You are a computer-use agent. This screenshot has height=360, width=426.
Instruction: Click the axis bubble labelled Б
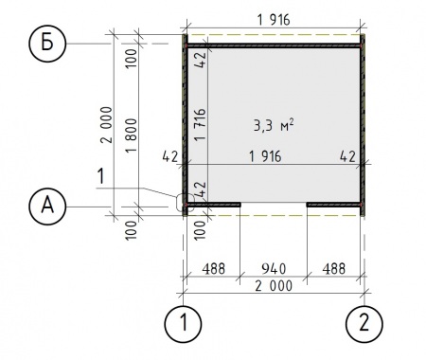click(x=47, y=43)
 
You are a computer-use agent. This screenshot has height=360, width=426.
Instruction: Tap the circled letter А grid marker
click(x=47, y=207)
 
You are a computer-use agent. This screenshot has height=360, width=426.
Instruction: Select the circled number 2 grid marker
click(x=364, y=324)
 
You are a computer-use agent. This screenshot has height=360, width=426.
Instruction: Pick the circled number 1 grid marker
click(x=183, y=324)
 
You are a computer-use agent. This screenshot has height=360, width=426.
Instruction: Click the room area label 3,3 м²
click(x=274, y=125)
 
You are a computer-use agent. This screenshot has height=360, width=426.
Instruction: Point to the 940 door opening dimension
click(x=274, y=269)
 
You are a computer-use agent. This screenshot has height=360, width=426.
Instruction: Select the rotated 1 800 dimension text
click(x=132, y=135)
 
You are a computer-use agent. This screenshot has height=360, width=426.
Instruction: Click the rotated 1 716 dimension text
click(x=201, y=125)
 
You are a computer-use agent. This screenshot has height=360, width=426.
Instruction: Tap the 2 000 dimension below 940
click(x=274, y=286)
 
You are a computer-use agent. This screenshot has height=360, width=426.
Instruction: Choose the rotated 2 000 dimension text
click(x=107, y=125)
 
